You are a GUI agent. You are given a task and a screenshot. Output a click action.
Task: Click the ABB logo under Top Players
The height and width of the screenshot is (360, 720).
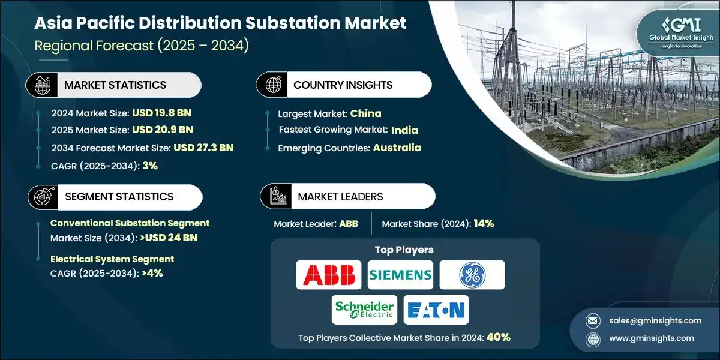click(329, 275)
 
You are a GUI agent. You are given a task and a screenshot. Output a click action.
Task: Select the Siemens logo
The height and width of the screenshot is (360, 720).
click(400, 275)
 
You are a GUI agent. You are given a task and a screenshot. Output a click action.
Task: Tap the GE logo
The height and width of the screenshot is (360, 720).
click(472, 275)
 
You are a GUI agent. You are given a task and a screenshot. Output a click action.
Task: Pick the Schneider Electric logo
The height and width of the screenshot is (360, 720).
click(364, 310)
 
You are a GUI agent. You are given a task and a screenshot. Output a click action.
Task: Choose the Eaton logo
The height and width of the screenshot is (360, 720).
click(436, 310)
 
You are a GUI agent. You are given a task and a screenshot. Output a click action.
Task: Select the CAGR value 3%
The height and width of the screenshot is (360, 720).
click(151, 165)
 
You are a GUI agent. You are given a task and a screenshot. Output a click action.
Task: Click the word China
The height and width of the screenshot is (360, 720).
click(365, 113)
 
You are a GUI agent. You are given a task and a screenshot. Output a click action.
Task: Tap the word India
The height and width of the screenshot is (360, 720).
click(404, 130)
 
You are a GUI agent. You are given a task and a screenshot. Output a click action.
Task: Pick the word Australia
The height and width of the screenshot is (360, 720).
click(397, 147)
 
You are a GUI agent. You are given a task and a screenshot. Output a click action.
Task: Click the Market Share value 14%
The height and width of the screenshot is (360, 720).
click(483, 223)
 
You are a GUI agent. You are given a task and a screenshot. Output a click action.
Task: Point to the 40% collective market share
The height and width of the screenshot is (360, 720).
click(499, 337)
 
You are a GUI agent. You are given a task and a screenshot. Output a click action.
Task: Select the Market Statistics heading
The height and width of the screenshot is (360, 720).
click(115, 85)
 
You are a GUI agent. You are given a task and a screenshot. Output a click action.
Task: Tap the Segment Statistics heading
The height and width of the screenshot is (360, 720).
click(119, 196)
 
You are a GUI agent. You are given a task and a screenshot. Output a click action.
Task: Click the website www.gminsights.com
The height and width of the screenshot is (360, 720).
click(650, 338)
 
